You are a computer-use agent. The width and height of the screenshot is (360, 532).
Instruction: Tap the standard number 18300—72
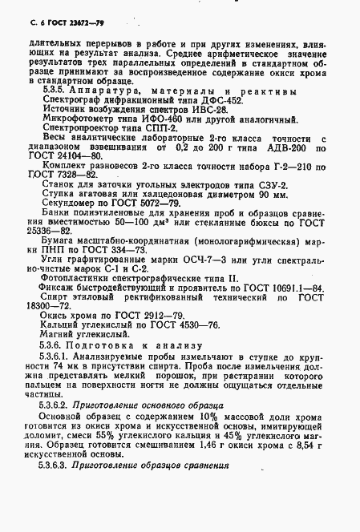pyautogui.click(x=55, y=376)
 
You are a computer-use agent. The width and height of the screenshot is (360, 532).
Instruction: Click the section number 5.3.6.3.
pyautogui.click(x=66, y=510)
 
